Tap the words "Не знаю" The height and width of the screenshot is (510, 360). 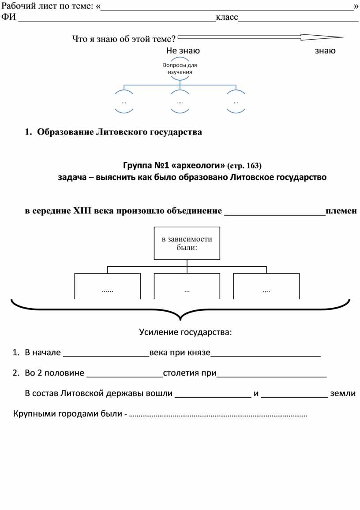pyautogui.click(x=183, y=51)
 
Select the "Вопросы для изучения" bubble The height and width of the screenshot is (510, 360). pyautogui.click(x=180, y=69)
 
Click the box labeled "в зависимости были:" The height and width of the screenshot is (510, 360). pyautogui.click(x=187, y=243)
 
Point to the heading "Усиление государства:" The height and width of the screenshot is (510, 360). pyautogui.click(x=186, y=332)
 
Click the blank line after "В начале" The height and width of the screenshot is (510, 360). pyautogui.click(x=106, y=357)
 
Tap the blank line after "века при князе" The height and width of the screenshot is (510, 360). pyautogui.click(x=266, y=357)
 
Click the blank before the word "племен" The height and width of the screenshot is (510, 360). pyautogui.click(x=275, y=215)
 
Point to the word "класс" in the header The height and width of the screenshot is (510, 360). pyautogui.click(x=227, y=17)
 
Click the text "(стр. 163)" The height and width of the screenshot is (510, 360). pyautogui.click(x=244, y=166)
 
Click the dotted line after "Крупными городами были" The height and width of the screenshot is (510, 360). pyautogui.click(x=218, y=416)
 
